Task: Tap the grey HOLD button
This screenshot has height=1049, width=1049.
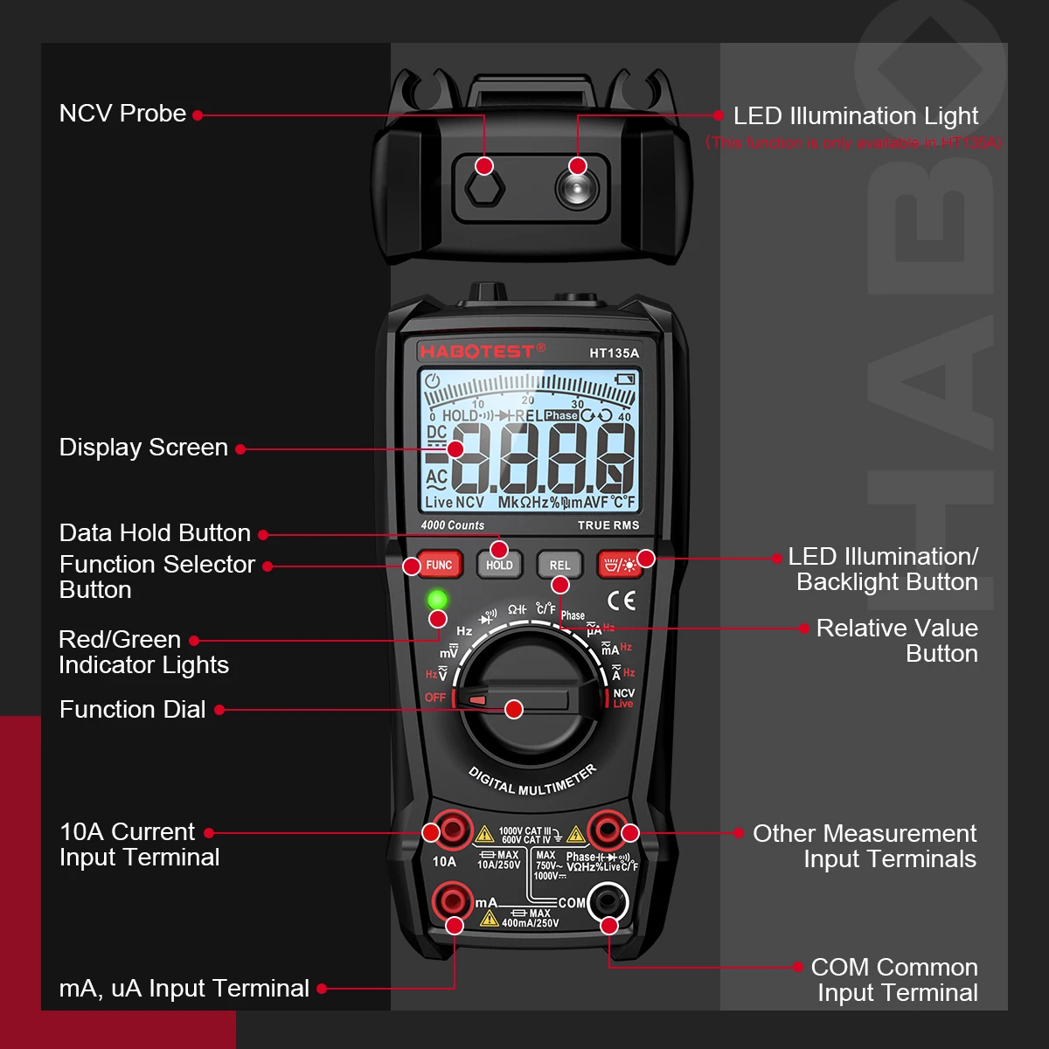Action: [x=499, y=565]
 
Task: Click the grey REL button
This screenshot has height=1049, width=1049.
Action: [x=559, y=565]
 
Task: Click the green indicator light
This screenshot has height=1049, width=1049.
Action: [x=437, y=601]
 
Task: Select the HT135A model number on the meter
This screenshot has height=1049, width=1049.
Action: [x=614, y=353]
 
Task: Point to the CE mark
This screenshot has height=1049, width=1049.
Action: [x=622, y=601]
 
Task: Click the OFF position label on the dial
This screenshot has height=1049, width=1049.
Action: [x=435, y=698]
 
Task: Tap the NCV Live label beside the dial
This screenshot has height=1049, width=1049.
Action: [x=623, y=698]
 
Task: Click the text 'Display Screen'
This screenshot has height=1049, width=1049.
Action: [x=143, y=448]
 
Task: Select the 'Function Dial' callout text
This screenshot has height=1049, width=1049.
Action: [x=133, y=710]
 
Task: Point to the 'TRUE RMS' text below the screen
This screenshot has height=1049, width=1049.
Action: [x=608, y=525]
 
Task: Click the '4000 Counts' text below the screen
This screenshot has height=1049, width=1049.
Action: [x=452, y=525]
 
